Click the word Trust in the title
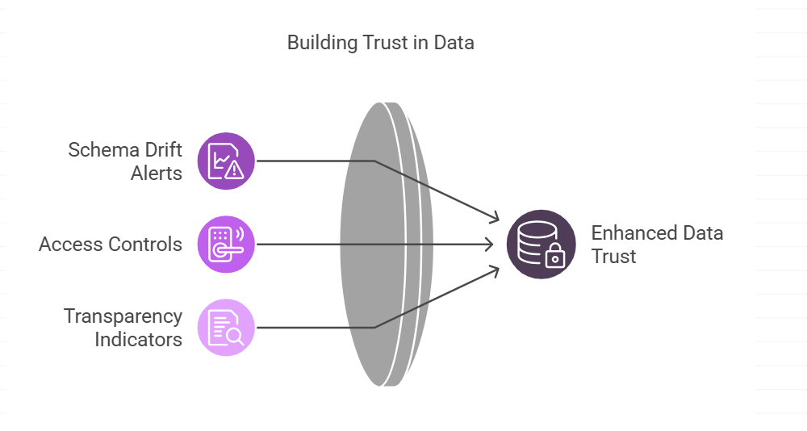click(x=383, y=43)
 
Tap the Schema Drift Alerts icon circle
click(x=226, y=161)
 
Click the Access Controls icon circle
click(x=226, y=244)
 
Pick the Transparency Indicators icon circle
click(x=226, y=327)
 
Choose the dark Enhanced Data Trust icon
click(x=541, y=244)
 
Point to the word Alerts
click(x=157, y=173)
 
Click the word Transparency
click(x=123, y=316)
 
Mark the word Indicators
click(x=139, y=339)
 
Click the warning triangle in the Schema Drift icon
click(x=234, y=169)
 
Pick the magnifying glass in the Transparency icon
click(x=234, y=337)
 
